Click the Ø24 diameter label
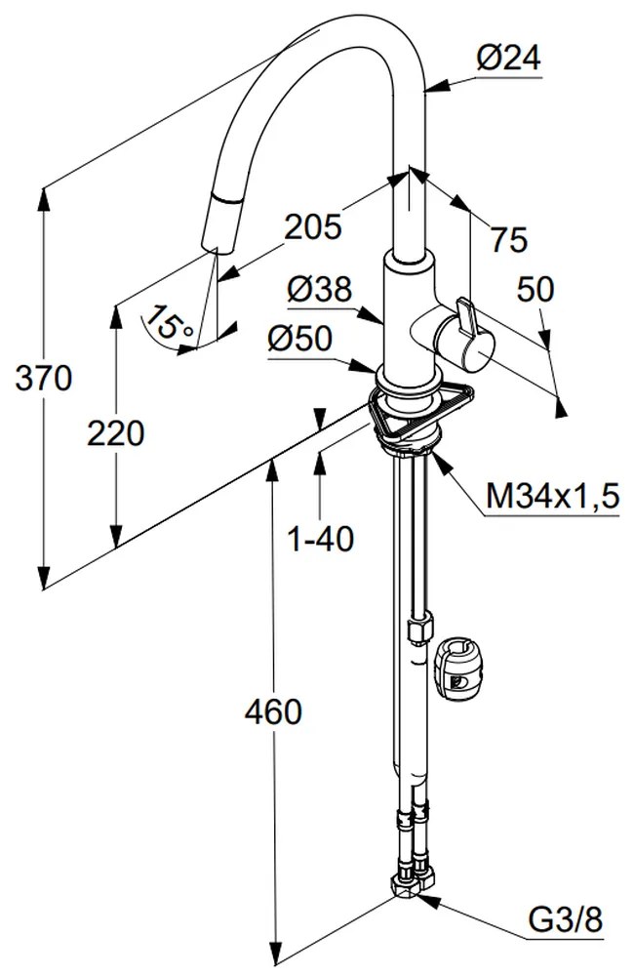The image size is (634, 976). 508,60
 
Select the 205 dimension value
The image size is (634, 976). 313,226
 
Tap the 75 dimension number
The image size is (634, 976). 507,239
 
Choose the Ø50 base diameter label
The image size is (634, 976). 299,339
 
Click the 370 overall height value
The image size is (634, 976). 44,377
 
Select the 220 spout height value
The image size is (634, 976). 115,432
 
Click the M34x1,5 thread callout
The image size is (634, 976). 553,498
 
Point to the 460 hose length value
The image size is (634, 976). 273,712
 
